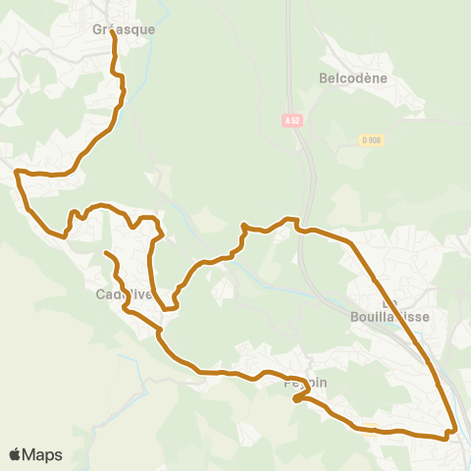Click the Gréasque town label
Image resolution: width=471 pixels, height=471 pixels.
(123, 29)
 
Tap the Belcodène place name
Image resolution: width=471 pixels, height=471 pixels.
(353, 78)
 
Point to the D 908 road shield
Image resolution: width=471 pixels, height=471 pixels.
(370, 140)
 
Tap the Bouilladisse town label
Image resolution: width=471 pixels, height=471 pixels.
(390, 316)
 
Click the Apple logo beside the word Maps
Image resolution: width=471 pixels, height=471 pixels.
(15, 454)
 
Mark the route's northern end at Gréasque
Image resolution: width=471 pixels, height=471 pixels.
(113, 32)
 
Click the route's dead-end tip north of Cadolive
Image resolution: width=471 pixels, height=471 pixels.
(105, 253)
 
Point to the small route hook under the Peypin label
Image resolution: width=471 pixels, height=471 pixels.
(295, 398)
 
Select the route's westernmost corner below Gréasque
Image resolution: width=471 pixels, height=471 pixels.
(17, 173)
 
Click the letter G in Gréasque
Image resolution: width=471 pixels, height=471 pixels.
(96, 29)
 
